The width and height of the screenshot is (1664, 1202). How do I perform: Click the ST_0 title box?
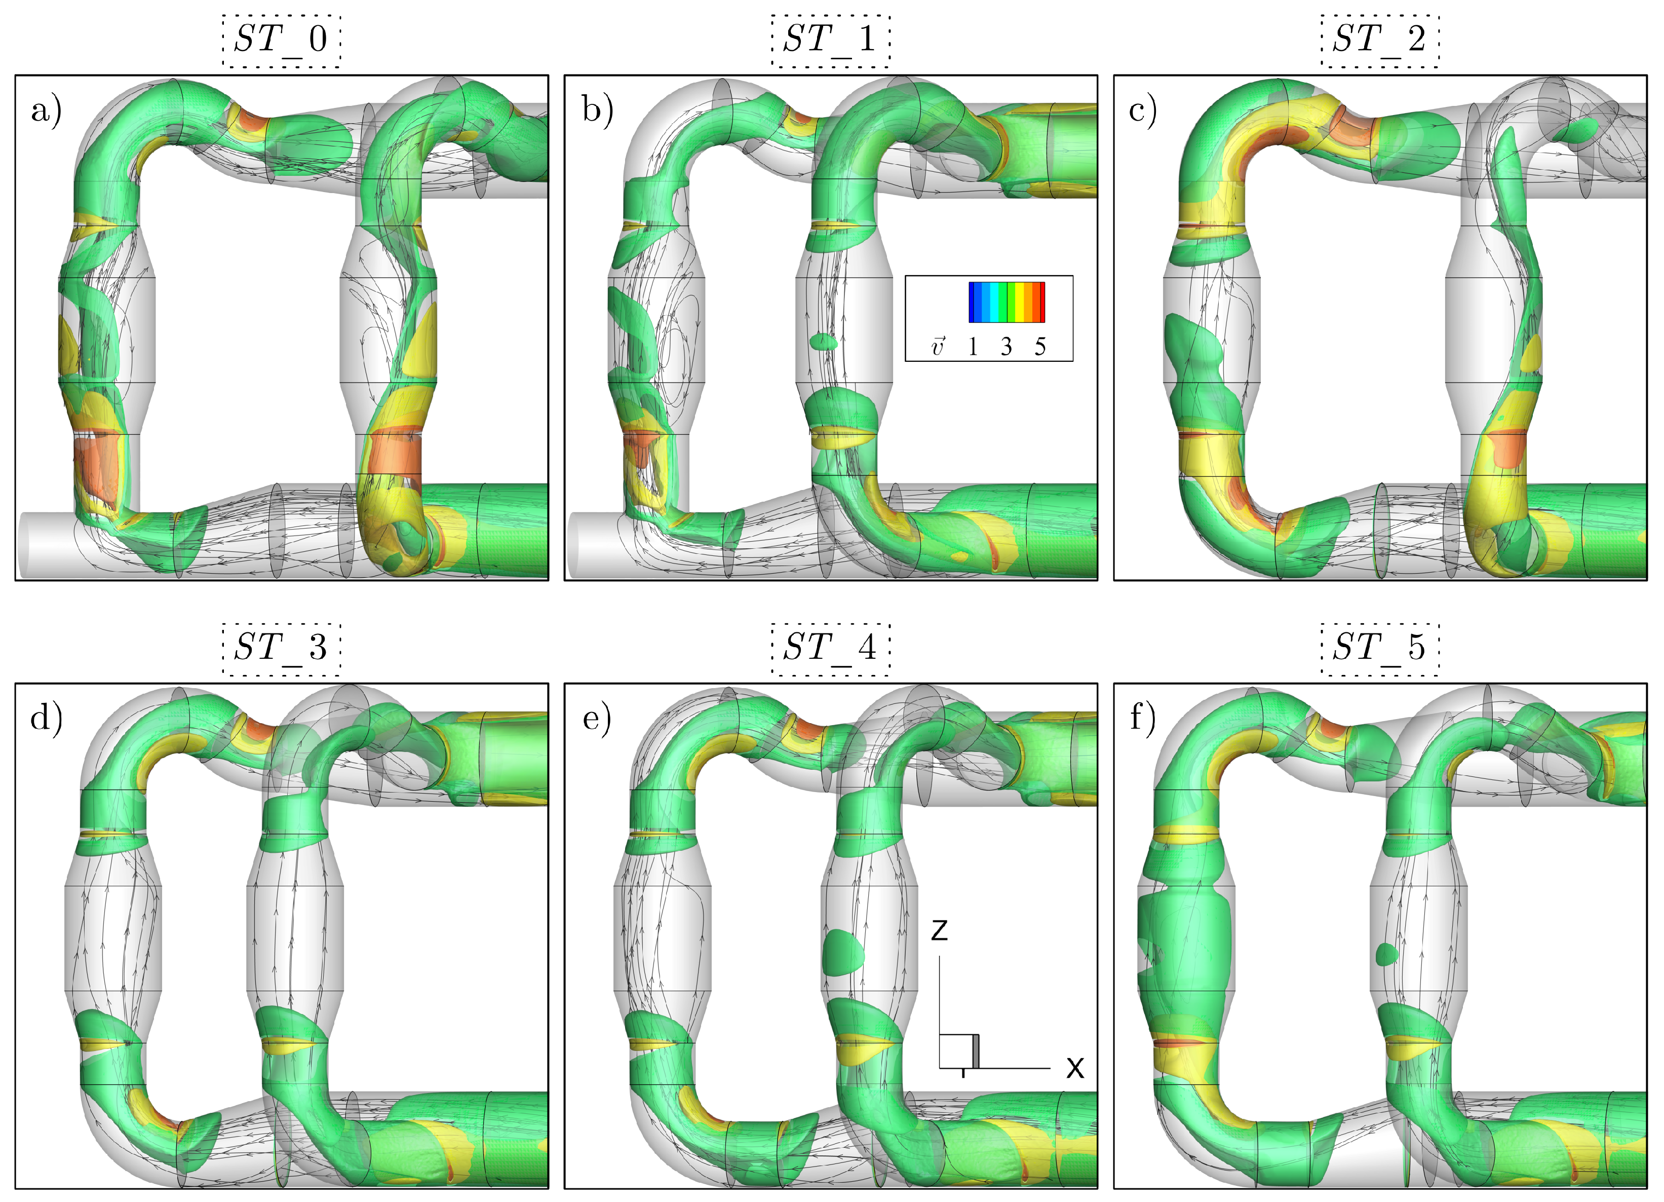[x=282, y=41]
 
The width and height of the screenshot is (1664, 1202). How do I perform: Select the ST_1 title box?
[x=831, y=41]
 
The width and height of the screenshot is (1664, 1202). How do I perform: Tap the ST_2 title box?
[x=1380, y=41]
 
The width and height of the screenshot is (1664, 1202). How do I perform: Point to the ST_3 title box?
[x=282, y=649]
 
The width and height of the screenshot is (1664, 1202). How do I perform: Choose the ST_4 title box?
[x=831, y=649]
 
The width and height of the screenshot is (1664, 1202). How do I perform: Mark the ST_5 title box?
[x=1380, y=649]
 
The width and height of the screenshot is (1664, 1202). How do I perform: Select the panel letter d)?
[x=46, y=719]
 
